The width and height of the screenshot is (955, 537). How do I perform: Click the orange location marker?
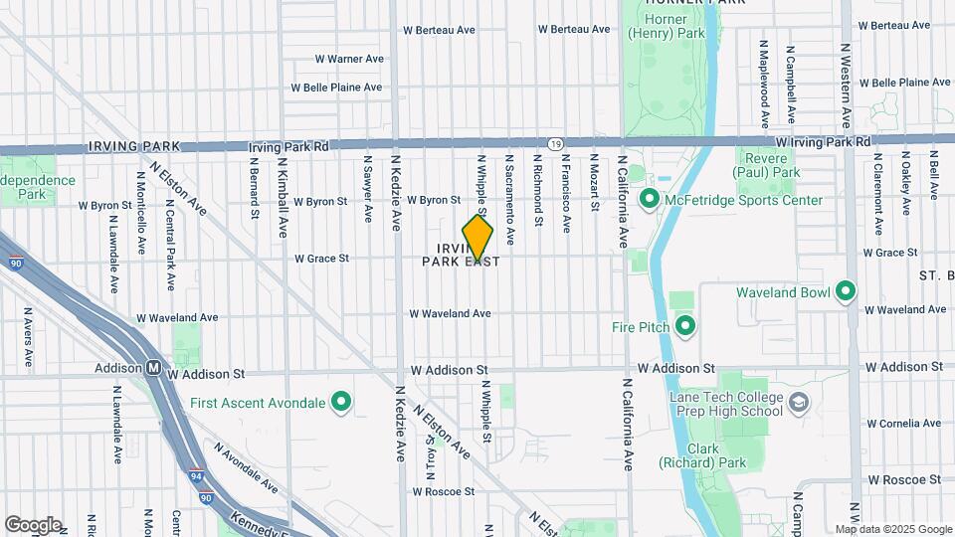(477, 239)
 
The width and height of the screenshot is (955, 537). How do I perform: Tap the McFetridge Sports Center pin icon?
(650, 200)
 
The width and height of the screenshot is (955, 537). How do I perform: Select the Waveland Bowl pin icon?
(846, 292)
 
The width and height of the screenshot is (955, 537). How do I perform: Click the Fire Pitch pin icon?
(684, 325)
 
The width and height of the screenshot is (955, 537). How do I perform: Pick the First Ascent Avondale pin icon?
(341, 403)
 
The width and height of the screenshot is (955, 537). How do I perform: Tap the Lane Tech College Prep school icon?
(800, 404)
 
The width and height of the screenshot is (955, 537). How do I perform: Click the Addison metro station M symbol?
(154, 368)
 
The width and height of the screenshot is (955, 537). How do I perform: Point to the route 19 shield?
(555, 144)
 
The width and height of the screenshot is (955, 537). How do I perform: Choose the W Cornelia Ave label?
(904, 424)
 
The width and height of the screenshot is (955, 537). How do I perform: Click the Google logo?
(34, 524)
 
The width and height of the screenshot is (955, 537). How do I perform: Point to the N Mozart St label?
(594, 183)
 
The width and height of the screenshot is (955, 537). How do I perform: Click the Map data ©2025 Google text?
(892, 529)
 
